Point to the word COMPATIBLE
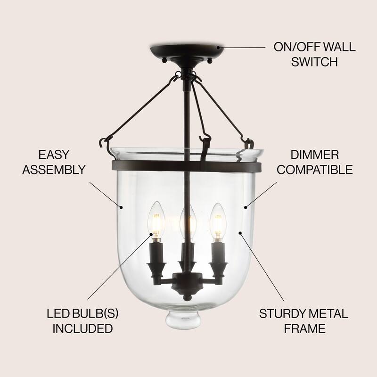[x=314, y=169]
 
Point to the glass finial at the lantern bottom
[x=183, y=319]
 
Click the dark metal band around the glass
[x=141, y=166]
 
